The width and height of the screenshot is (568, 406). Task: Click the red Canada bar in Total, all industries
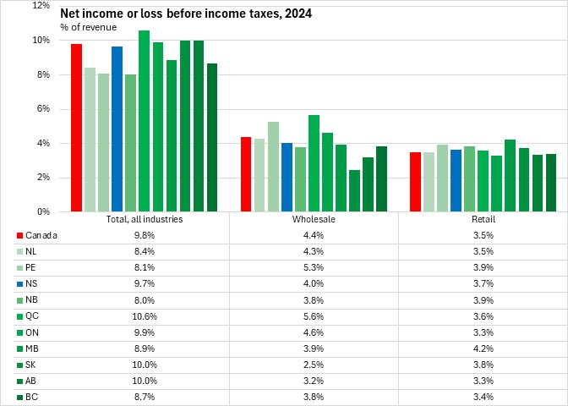click(76, 127)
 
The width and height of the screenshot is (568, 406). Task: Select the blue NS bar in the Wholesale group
click(287, 177)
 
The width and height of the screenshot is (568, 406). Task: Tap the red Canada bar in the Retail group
click(415, 181)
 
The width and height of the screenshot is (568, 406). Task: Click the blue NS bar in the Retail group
click(456, 180)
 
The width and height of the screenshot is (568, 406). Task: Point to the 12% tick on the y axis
click(40, 6)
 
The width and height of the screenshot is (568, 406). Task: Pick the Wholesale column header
click(314, 219)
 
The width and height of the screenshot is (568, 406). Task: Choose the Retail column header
click(483, 219)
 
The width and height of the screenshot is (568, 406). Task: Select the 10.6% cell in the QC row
click(144, 315)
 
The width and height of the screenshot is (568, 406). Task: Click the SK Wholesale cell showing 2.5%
click(314, 364)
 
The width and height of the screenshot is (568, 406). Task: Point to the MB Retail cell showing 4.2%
click(483, 348)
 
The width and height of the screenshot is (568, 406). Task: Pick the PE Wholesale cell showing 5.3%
click(314, 267)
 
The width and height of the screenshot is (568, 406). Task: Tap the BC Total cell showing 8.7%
click(144, 396)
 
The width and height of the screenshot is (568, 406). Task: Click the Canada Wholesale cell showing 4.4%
click(314, 235)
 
